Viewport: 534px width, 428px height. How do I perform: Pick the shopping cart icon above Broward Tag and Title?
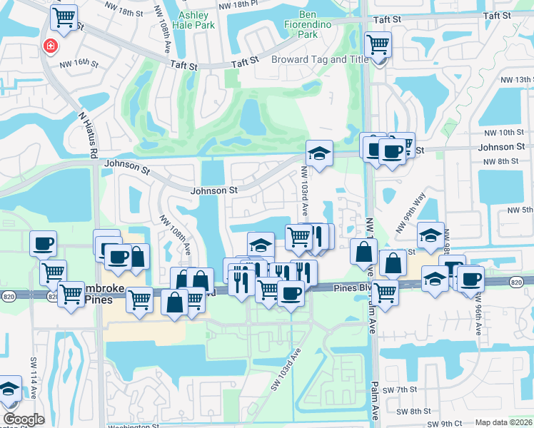click(378, 45)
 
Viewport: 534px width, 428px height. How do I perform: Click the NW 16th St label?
click(79, 63)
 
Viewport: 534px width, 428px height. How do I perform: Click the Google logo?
click(24, 419)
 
